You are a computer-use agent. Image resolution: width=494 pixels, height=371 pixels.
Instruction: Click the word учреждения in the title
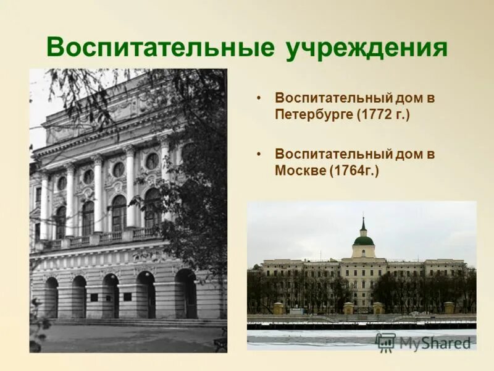pyautogui.click(x=366, y=48)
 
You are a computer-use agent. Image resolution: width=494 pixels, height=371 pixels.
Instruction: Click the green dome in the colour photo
pyautogui.click(x=363, y=240)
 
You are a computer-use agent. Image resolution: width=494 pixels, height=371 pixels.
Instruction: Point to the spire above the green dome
pyautogui.click(x=363, y=224)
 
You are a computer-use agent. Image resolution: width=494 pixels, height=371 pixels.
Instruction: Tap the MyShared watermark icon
pyautogui.click(x=385, y=342)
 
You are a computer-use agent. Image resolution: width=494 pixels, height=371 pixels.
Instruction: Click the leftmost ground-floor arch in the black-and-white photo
pyautogui.click(x=51, y=297)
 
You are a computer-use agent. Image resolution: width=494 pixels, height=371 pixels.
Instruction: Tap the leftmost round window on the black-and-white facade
pyautogui.click(x=62, y=184)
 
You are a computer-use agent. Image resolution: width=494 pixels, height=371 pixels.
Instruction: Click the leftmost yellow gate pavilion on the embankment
pyautogui.click(x=278, y=307)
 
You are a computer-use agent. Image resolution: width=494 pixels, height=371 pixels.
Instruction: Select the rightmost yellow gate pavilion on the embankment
pyautogui.click(x=449, y=307)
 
